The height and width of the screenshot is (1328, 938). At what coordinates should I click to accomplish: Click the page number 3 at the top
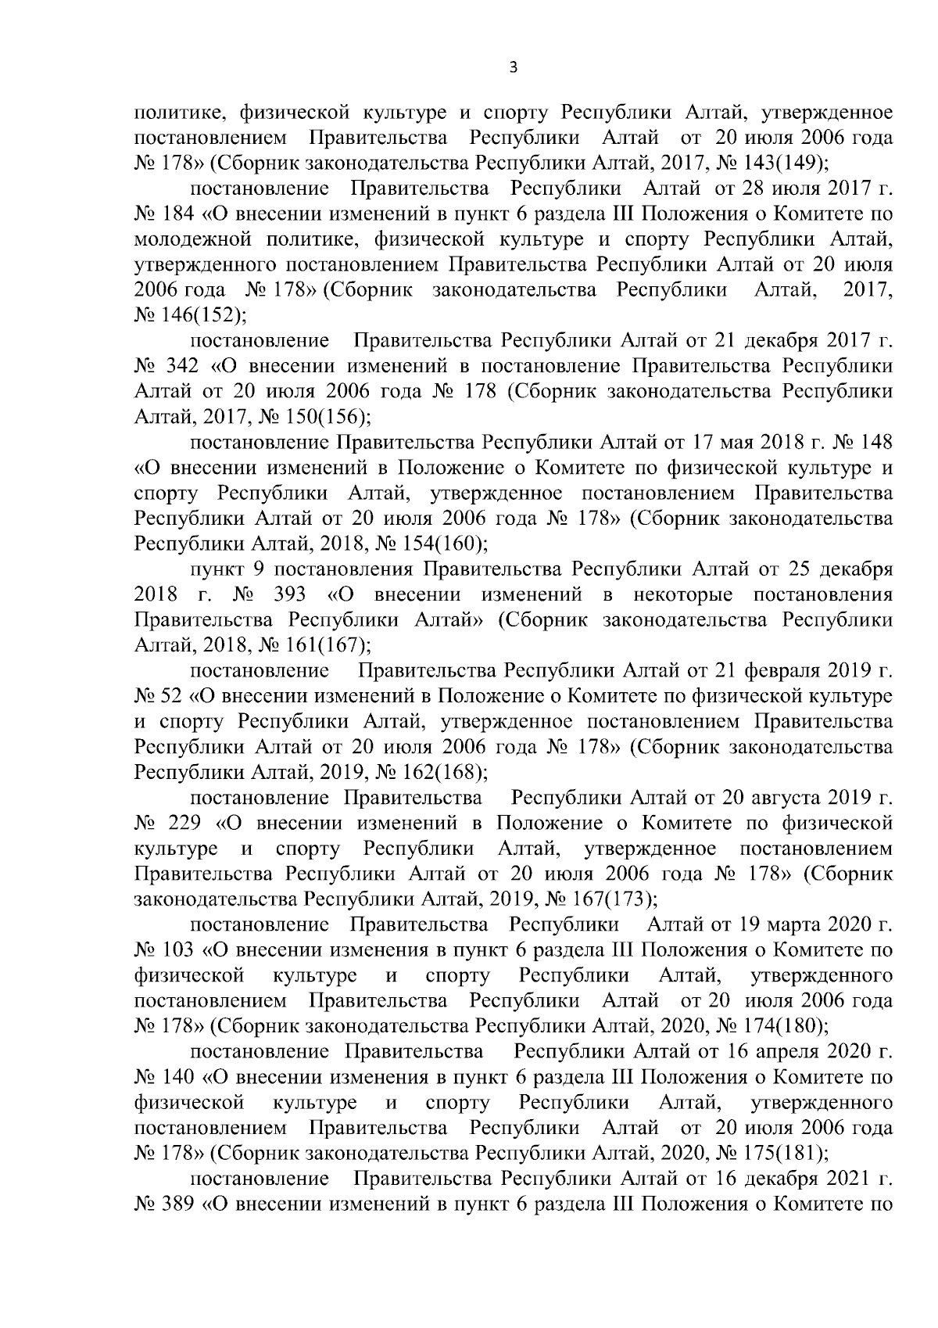(512, 68)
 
